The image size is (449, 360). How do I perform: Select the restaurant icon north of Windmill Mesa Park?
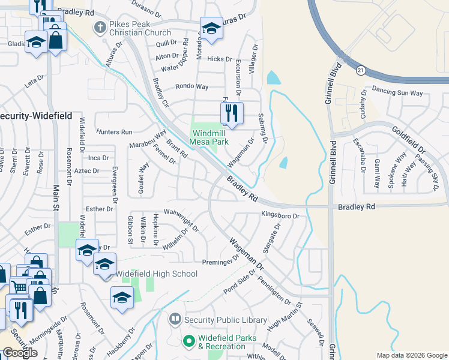tap(231, 112)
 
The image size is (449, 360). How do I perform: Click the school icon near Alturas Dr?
tap(211, 28)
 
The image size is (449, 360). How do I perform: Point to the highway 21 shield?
tap(358, 70)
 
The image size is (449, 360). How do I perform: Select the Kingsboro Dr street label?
tap(280, 214)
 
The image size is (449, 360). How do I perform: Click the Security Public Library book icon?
tap(175, 319)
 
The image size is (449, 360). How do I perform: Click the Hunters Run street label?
tap(114, 132)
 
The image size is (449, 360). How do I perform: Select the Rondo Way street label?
tap(191, 86)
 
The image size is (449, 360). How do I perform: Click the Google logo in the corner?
tap(20, 353)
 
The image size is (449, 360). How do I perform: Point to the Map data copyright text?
tap(411, 355)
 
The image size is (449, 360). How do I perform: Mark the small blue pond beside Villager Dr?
tap(273, 77)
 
